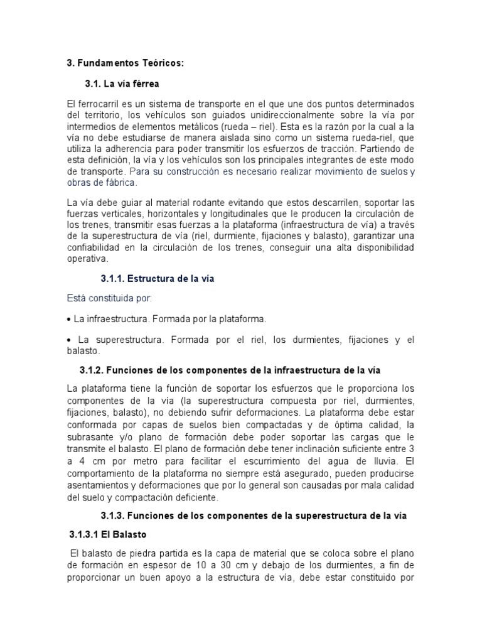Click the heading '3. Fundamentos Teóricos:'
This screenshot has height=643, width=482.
[x=126, y=63]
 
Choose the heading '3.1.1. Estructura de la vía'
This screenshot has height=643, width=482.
[x=158, y=279]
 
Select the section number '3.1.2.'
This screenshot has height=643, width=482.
[x=93, y=370]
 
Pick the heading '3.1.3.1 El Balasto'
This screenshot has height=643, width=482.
[x=107, y=534]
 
